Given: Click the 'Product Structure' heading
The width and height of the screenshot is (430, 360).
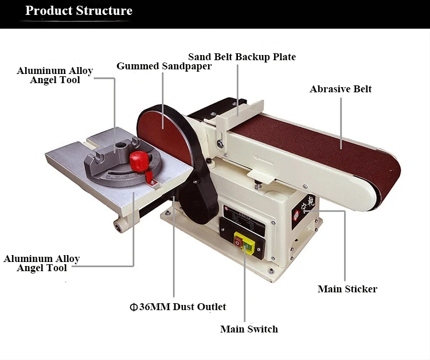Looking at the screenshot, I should pos(79,11).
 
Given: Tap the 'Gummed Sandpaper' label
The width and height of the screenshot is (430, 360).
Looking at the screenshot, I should pos(164,66).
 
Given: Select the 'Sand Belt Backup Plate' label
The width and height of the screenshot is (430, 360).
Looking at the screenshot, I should pos(242,57).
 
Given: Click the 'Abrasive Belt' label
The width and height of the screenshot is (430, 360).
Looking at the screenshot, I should pos(341,89).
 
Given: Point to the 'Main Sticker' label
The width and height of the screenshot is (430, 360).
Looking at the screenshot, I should pos(347,289).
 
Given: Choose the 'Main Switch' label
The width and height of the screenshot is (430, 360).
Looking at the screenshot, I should pos(249,329).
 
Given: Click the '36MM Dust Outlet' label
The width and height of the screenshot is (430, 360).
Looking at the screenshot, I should pos(182,307).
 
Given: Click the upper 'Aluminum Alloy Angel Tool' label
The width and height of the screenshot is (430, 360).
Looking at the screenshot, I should pos(55,75).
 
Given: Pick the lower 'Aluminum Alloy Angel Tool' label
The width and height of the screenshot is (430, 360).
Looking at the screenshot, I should pos(42,263).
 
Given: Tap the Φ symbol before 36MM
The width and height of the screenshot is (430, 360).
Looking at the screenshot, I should pos(133,307).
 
